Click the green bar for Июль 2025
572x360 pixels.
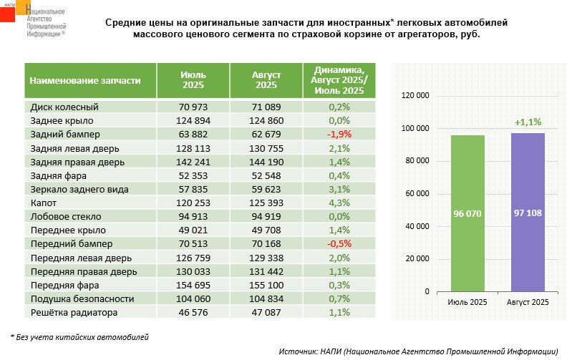(x=467, y=179)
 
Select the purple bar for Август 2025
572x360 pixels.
(x=528, y=179)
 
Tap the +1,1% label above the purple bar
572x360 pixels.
(x=528, y=122)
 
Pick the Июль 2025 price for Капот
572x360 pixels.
(x=193, y=203)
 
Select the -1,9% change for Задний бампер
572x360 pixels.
(x=339, y=135)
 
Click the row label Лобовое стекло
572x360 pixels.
(x=66, y=216)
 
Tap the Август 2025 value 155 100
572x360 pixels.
(x=266, y=285)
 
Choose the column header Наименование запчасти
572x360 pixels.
(x=84, y=81)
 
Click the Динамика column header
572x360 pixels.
(x=338, y=80)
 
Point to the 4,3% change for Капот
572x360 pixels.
(x=339, y=203)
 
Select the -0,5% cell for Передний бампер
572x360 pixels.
(x=339, y=243)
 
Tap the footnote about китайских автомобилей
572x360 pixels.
(x=79, y=336)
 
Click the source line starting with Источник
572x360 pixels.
(x=418, y=351)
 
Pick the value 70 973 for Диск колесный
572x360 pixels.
(x=193, y=107)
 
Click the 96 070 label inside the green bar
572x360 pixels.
(x=467, y=213)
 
